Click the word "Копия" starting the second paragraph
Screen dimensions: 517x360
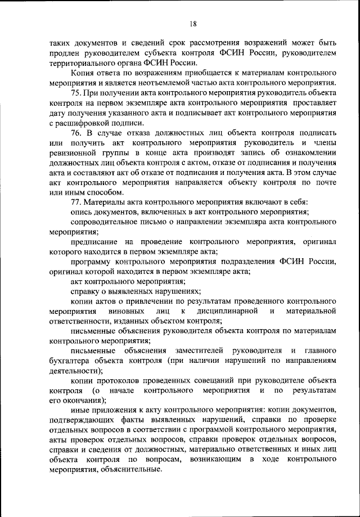point(83,73)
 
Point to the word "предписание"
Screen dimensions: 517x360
point(93,242)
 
